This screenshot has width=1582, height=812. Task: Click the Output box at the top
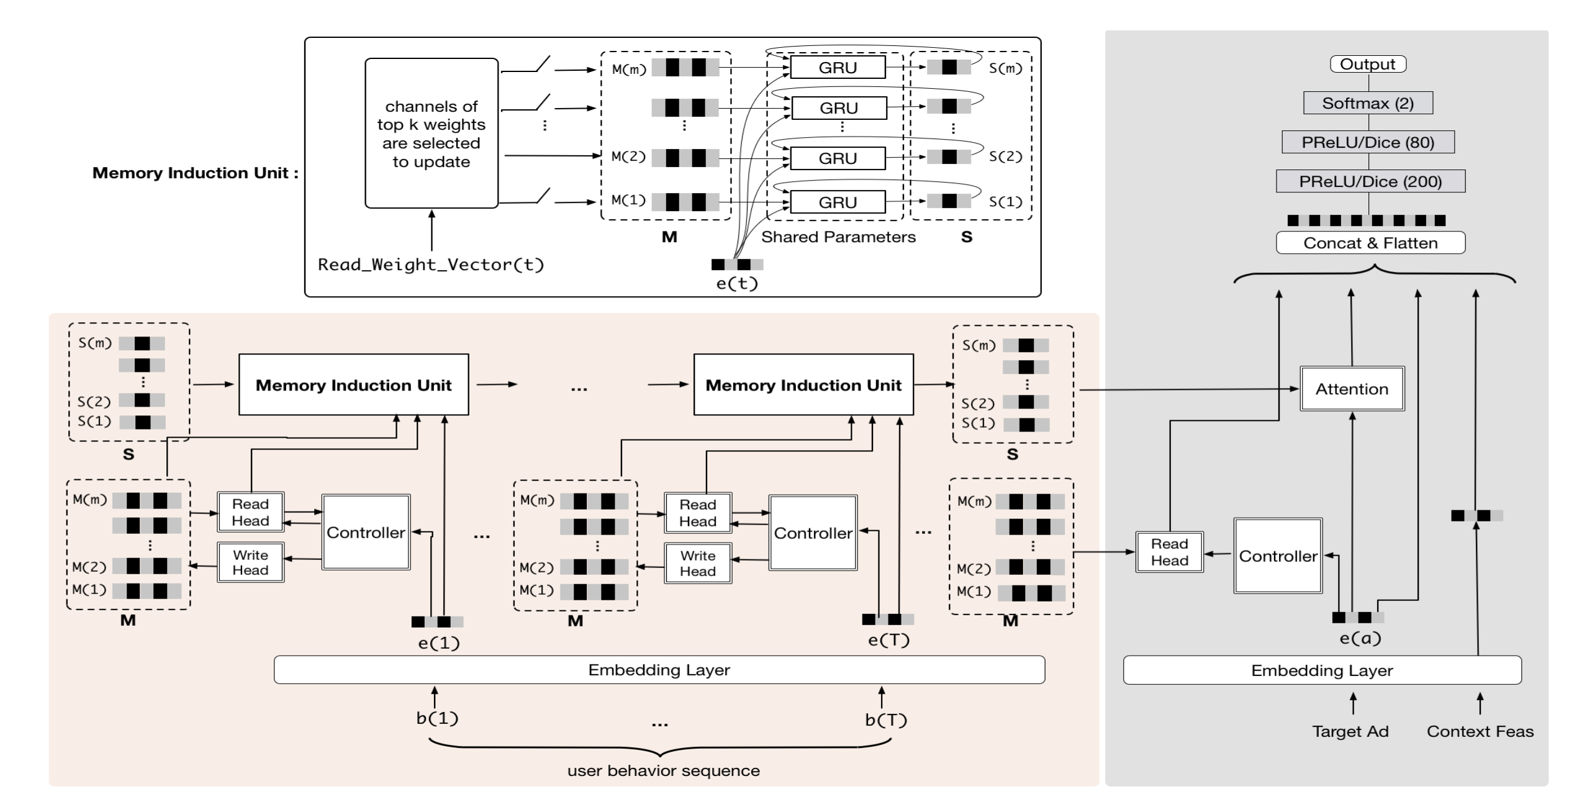1368,64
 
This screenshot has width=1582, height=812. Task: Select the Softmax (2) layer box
1368,103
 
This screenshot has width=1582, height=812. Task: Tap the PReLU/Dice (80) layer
1368,142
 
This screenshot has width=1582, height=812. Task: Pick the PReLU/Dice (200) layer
1370,181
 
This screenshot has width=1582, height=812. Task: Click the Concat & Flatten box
1370,243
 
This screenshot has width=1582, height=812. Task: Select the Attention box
1352,389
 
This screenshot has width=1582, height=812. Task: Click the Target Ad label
1350,731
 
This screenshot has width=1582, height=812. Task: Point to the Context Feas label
1480,731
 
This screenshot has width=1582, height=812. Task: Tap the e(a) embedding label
1360,638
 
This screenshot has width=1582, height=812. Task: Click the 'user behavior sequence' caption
663,770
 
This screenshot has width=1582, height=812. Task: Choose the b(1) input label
437,718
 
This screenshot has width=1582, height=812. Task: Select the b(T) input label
886,720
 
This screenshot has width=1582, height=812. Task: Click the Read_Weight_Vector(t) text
431,264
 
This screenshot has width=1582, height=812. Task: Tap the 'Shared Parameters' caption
838,237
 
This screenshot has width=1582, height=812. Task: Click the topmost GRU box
838,67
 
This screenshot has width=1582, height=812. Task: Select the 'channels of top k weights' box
432,133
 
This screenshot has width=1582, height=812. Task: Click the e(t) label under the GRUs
737,283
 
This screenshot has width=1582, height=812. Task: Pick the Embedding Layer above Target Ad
1322,670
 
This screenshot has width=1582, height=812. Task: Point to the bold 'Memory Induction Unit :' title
195,173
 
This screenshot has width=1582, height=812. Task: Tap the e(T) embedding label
888,640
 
